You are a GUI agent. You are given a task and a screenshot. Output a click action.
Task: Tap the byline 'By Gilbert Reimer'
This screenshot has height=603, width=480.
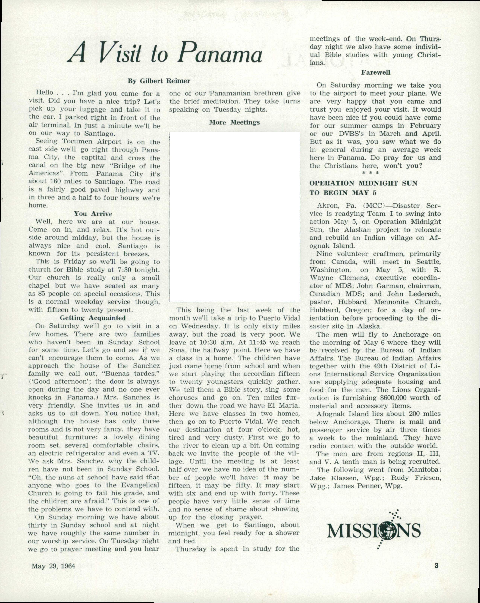click(x=159, y=81)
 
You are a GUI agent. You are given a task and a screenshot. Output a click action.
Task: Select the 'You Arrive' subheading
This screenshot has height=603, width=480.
click(x=93, y=214)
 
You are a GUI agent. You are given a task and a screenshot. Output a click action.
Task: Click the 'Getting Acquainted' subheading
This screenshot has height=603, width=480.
click(x=93, y=318)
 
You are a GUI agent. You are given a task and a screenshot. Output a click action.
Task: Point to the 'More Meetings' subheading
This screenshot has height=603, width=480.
click(x=234, y=122)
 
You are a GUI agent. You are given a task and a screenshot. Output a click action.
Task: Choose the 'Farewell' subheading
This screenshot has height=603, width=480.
click(x=375, y=72)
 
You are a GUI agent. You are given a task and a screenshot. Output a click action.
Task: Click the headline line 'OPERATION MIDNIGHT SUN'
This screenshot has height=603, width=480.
click(x=363, y=183)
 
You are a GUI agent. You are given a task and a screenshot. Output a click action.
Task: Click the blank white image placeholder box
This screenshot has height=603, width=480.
click(x=234, y=217)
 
